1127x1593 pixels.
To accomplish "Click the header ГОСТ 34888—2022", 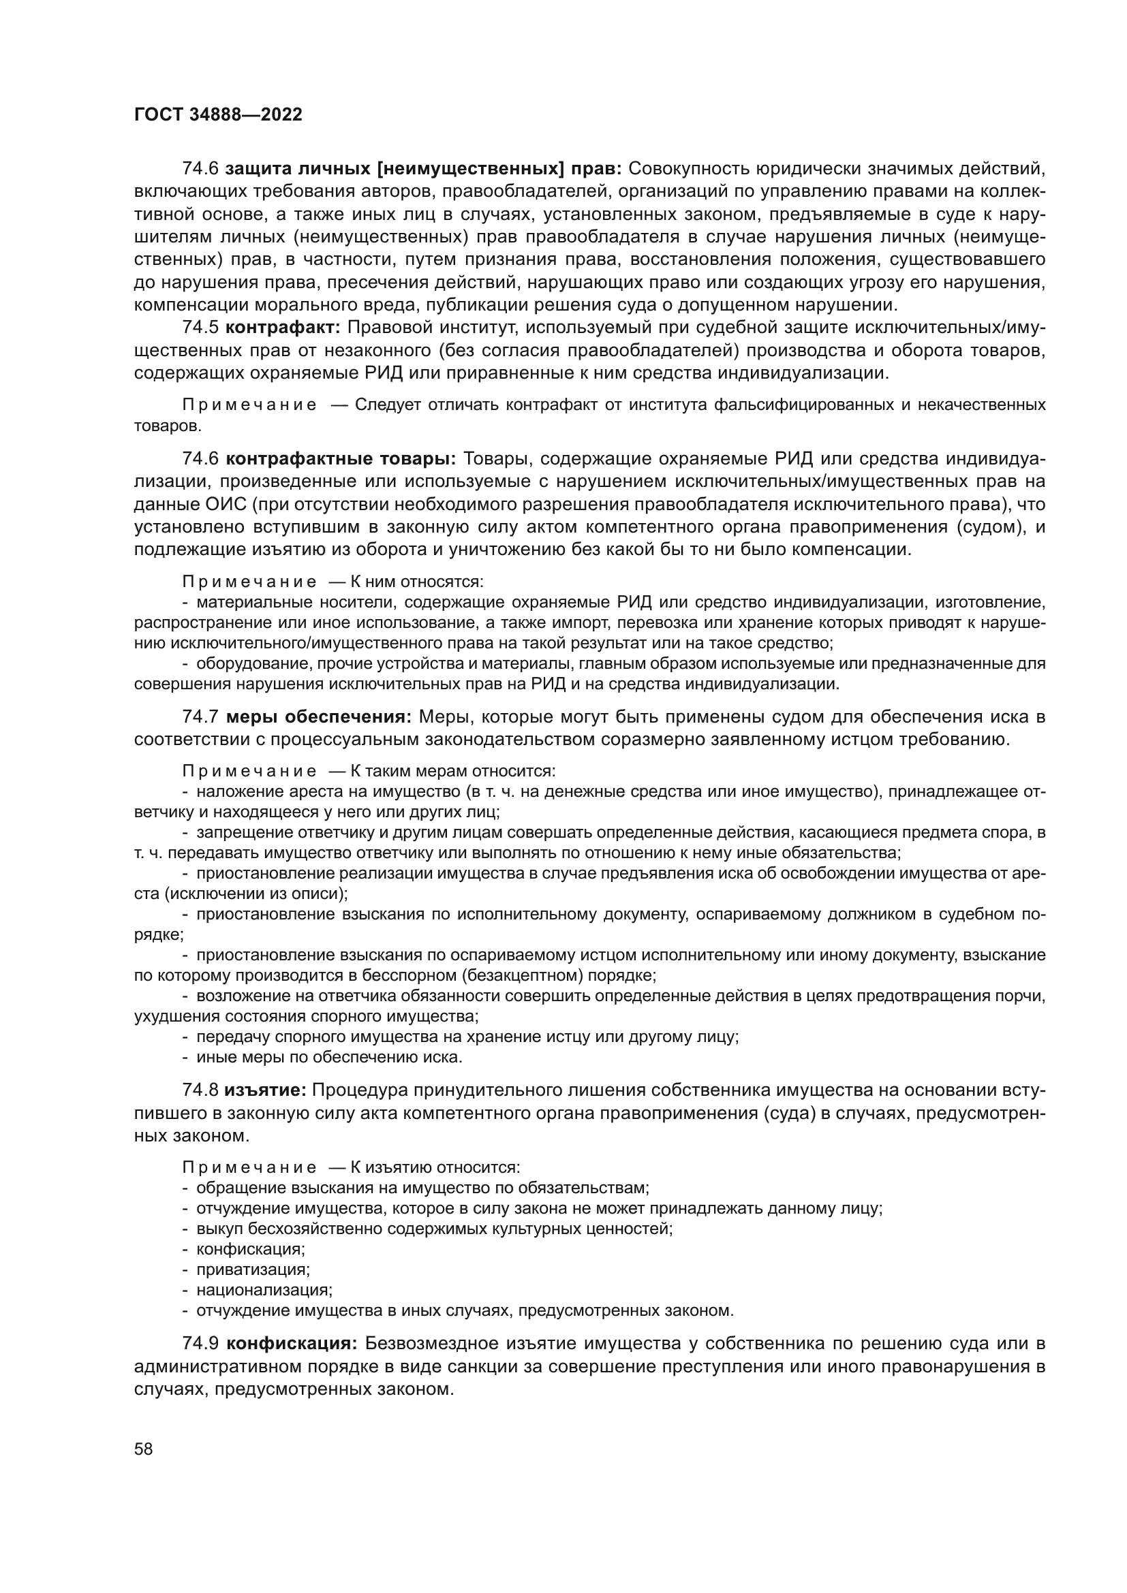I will (x=218, y=115).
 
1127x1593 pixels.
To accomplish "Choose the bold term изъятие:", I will (x=265, y=1090).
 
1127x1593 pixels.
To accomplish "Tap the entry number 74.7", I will (x=200, y=716).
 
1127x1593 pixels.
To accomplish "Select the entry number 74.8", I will (x=200, y=1090).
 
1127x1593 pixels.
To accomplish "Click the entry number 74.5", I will (x=200, y=327).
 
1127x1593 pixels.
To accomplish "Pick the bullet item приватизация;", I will (x=253, y=1269).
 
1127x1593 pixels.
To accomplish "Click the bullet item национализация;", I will (x=264, y=1290).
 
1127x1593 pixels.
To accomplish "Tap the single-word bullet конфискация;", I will (x=251, y=1249).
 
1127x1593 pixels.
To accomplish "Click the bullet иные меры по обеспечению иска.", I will (x=329, y=1058).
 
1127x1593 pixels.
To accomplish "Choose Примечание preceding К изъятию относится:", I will (x=249, y=1168).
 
